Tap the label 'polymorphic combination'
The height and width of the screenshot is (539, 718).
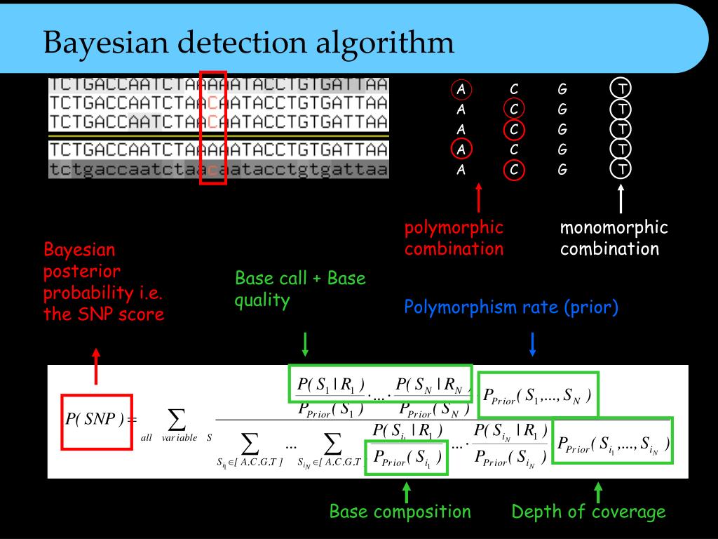tap(454, 238)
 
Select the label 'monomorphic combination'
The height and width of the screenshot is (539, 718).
tap(614, 238)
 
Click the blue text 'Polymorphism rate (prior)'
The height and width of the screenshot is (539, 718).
tap(511, 307)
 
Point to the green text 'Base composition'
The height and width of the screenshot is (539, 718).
tap(400, 512)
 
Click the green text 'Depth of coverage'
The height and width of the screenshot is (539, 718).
tap(588, 512)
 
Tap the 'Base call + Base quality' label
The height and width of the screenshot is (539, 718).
tap(300, 289)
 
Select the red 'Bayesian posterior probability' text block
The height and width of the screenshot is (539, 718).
tap(104, 281)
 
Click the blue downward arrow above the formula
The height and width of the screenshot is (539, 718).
tap(532, 343)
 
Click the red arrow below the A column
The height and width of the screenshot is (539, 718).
tap(479, 198)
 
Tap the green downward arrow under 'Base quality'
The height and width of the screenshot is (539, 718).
tap(305, 343)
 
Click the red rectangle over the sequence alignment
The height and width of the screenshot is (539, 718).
tap(213, 127)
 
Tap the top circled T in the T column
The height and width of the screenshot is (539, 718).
tap(621, 89)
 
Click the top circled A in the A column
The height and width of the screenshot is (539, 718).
tap(461, 90)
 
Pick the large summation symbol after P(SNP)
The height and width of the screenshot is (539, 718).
tap(177, 419)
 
